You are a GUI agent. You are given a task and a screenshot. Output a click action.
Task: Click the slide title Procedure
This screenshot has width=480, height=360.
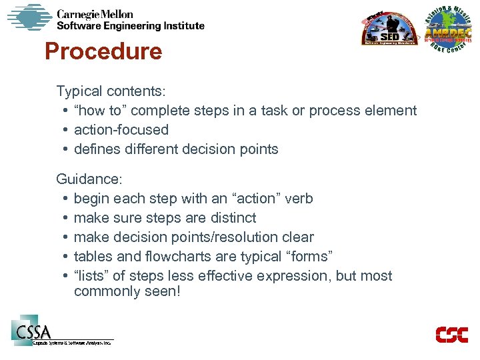click(103, 51)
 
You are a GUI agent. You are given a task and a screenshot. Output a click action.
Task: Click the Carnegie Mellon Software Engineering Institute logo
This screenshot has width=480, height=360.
click(107, 19)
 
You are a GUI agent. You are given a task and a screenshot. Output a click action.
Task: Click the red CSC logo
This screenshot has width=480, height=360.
click(451, 335)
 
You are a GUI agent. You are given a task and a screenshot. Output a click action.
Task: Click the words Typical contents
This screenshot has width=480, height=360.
click(111, 91)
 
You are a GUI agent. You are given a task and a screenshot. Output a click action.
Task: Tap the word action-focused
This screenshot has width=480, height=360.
click(121, 130)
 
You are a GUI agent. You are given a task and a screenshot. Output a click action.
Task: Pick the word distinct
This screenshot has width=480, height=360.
click(233, 218)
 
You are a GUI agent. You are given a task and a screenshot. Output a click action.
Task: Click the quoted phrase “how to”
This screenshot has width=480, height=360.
click(97, 111)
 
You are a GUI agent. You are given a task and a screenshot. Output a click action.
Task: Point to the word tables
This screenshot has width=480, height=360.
click(93, 257)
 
